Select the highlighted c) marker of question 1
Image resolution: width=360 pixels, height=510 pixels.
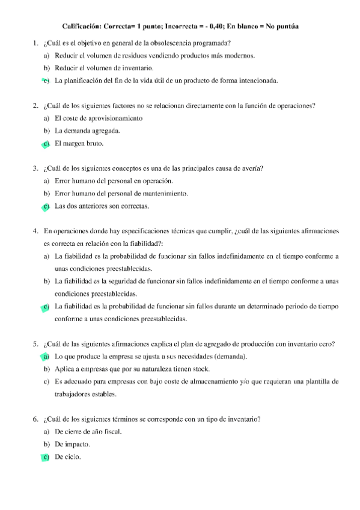(46, 80)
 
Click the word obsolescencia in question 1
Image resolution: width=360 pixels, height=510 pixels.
(177, 44)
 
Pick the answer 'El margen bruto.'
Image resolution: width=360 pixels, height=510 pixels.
(79, 144)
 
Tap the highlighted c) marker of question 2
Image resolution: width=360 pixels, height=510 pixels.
(46, 144)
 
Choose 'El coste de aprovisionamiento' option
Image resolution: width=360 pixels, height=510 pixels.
(99, 118)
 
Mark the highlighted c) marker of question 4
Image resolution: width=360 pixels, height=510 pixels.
(46, 307)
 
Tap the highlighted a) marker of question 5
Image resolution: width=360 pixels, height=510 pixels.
(46, 357)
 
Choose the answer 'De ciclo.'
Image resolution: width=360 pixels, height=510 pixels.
(68, 457)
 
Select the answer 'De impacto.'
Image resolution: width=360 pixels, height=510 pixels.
(72, 444)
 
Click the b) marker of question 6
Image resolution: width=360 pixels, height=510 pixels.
(46, 444)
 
